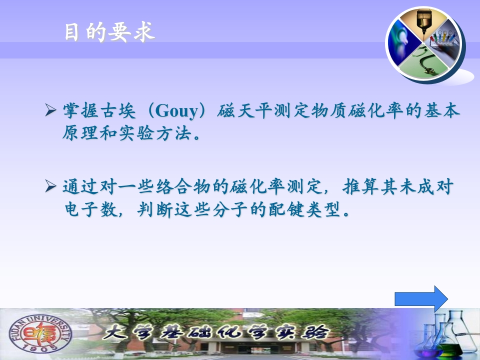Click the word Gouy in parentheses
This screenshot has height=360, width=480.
click(177, 111)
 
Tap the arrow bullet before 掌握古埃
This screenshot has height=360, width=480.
click(50, 110)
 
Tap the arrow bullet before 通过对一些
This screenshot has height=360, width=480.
click(50, 186)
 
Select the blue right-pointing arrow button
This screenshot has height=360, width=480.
click(421, 299)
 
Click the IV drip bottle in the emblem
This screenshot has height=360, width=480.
click(424, 21)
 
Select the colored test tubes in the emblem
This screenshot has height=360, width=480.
click(442, 38)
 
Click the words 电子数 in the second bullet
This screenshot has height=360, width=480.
click(91, 209)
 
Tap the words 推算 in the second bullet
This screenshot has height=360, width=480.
click(360, 186)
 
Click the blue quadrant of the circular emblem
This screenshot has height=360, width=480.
click(401, 43)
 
